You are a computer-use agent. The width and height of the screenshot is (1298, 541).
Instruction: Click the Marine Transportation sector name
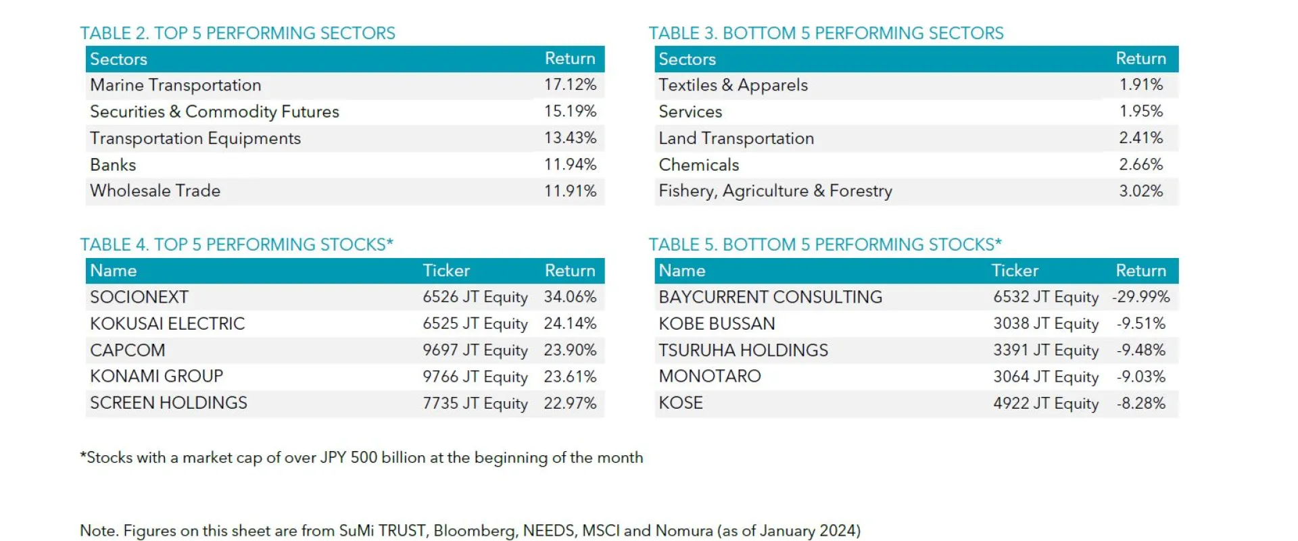(x=175, y=85)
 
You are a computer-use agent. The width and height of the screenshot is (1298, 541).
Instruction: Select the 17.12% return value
(x=570, y=85)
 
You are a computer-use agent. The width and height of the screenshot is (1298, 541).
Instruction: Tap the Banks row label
(x=113, y=165)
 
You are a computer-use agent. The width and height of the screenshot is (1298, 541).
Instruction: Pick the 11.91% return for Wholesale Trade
(x=570, y=191)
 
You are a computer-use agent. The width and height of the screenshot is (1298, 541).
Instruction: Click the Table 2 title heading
(x=237, y=33)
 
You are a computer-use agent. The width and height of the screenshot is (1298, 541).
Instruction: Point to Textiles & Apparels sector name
(x=733, y=85)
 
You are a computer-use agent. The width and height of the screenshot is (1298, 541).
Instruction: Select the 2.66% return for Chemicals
(x=1140, y=165)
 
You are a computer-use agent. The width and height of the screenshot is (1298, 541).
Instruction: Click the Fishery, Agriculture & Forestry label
(x=775, y=191)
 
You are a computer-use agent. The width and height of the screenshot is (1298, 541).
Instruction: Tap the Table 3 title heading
(x=825, y=33)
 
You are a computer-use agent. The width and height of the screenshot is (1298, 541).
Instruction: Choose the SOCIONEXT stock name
(x=139, y=297)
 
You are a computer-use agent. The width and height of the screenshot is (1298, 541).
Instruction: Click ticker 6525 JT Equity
(x=475, y=324)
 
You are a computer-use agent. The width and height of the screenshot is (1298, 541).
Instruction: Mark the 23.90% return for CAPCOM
(x=570, y=351)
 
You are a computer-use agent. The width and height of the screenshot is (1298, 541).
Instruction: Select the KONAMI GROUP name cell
(x=156, y=376)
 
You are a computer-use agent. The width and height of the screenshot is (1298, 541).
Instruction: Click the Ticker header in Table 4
(x=446, y=271)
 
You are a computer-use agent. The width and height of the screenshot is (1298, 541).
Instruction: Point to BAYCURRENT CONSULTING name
(x=770, y=297)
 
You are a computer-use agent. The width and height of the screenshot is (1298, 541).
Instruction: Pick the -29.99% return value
(x=1140, y=297)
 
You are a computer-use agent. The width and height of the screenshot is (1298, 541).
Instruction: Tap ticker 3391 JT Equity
(x=1045, y=351)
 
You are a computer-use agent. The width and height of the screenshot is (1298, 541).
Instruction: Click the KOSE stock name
(x=681, y=403)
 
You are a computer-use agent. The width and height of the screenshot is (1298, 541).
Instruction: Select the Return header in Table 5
(x=1140, y=271)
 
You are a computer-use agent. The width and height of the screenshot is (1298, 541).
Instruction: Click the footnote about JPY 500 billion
(x=362, y=458)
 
